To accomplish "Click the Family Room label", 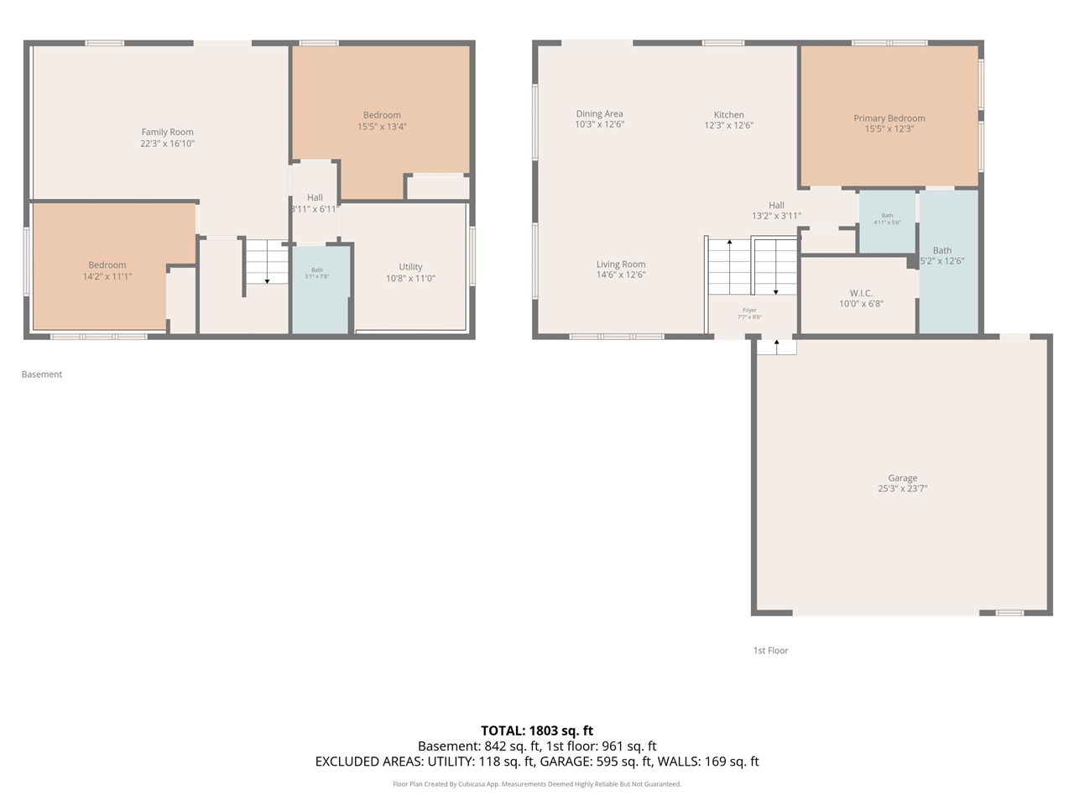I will (x=167, y=132).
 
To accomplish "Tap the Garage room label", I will (x=903, y=478).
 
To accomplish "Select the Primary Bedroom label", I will (x=889, y=118).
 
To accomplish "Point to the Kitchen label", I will (x=728, y=115).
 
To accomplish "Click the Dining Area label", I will (x=599, y=114).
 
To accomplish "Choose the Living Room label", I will (x=621, y=264).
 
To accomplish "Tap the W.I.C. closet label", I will (x=861, y=293).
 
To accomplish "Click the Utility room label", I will (x=410, y=267).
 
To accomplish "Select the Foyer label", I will (x=749, y=311).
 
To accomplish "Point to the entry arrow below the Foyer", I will (x=777, y=343).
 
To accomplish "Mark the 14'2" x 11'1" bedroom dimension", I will (x=107, y=277).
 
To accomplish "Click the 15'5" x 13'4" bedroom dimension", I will (x=382, y=127).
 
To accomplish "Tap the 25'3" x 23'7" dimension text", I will (x=903, y=489).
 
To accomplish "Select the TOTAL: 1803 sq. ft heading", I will (x=537, y=730).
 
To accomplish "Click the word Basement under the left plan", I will (x=42, y=374).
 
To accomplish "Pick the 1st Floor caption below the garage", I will (x=770, y=651).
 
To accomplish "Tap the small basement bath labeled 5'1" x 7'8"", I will (x=317, y=273).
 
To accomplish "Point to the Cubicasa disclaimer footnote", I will (x=537, y=784).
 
